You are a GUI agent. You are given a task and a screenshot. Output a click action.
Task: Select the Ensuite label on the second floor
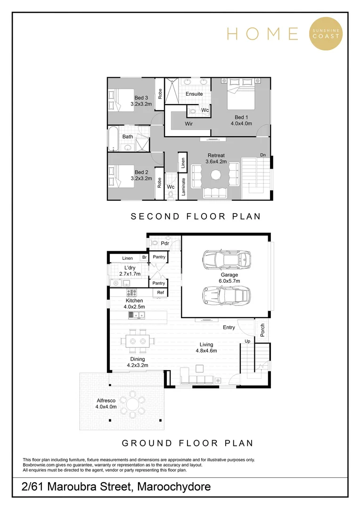pyautogui.click(x=194, y=94)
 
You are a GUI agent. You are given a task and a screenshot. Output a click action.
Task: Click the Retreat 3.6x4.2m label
pyautogui.click(x=216, y=158)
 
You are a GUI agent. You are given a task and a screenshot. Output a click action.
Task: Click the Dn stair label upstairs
pyautogui.click(x=263, y=155)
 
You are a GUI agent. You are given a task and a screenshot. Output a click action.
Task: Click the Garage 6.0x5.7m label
pyautogui.click(x=229, y=278)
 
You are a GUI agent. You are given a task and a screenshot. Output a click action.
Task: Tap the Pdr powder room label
pyautogui.click(x=165, y=243)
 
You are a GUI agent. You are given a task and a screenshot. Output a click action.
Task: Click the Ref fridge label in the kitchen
pyautogui.click(x=160, y=293)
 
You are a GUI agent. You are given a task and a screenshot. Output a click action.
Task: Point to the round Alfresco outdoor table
pyautogui.click(x=133, y=403)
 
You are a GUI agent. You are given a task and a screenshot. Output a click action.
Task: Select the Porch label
pyautogui.click(x=262, y=329)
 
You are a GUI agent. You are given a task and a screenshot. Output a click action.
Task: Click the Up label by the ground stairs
pyautogui.click(x=247, y=341)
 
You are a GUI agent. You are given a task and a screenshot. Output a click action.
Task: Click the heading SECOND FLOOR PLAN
pyautogui.click(x=196, y=216)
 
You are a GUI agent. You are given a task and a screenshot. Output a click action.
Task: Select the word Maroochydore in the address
pyautogui.click(x=174, y=487)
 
